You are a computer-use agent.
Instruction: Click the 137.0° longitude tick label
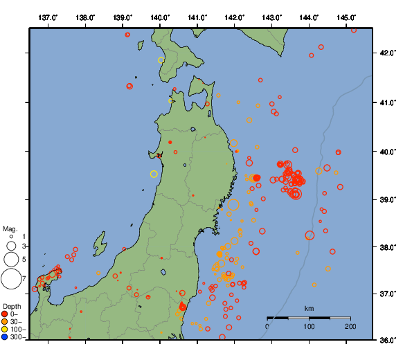pos(48,17)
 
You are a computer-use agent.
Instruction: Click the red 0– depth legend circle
pos(5,314)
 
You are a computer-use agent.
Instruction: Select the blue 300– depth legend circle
pos(5,337)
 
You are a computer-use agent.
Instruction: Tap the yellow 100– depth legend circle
pos(5,330)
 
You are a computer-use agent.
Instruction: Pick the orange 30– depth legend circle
pos(5,322)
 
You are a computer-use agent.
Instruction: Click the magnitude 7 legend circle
pos(10,279)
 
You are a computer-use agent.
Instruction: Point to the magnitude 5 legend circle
pos(10,260)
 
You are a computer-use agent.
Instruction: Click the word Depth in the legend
pos(12,306)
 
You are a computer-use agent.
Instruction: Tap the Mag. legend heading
pos(10,228)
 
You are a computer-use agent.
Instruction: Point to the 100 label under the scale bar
pos(309,326)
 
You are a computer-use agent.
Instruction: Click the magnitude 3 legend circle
pos(10,246)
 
